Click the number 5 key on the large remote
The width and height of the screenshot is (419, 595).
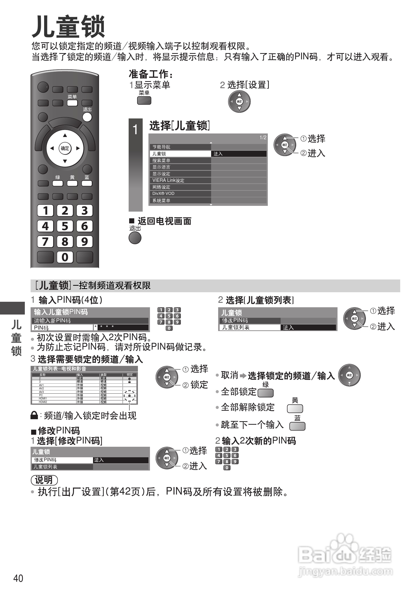pos(65,226)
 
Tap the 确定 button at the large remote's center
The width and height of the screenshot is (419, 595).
pos(65,148)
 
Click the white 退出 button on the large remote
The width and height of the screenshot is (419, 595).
pos(87,117)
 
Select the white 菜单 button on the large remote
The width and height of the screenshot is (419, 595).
pos(72,103)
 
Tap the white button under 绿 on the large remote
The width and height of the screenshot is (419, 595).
pos(58,184)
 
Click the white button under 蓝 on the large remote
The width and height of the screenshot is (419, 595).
pos(87,184)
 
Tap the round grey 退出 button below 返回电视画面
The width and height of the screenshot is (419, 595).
pos(135,238)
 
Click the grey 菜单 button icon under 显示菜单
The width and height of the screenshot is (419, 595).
pos(144,101)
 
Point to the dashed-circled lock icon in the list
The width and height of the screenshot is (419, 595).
pos(129,395)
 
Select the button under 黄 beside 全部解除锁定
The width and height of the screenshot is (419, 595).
pos(295,409)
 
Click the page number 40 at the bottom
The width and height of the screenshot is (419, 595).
pos(18,578)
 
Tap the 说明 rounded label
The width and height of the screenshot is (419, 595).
pos(44,480)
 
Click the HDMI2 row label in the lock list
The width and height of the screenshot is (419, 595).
pos(43,402)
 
